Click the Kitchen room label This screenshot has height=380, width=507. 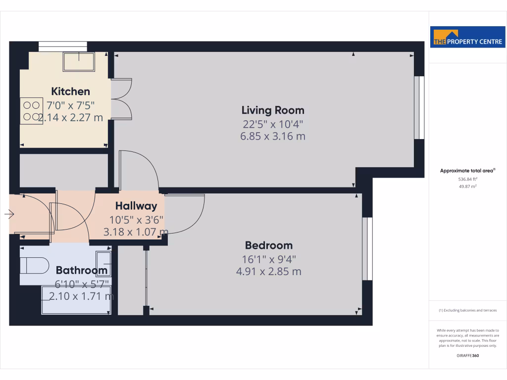coord(71,92)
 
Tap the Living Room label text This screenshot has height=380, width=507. coord(273,110)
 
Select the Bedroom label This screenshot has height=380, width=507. coord(269,245)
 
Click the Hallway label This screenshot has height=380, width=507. coord(136,206)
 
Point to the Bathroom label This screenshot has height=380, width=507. coord(82,270)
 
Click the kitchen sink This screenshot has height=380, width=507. coord(79,61)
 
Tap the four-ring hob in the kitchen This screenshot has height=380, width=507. coord(31,111)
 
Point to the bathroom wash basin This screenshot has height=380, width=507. coord(104,263)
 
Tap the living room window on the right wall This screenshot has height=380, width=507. coord(419,107)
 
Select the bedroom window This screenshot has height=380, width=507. coord(367,248)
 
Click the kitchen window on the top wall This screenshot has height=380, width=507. coord(63,47)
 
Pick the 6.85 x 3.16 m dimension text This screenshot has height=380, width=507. coord(273,136)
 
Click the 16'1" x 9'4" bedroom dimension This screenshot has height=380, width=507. coord(269,259)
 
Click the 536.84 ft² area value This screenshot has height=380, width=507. coord(467,179)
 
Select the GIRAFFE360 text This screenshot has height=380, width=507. coord(468,355)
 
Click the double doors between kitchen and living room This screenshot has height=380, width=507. coord(122,99)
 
